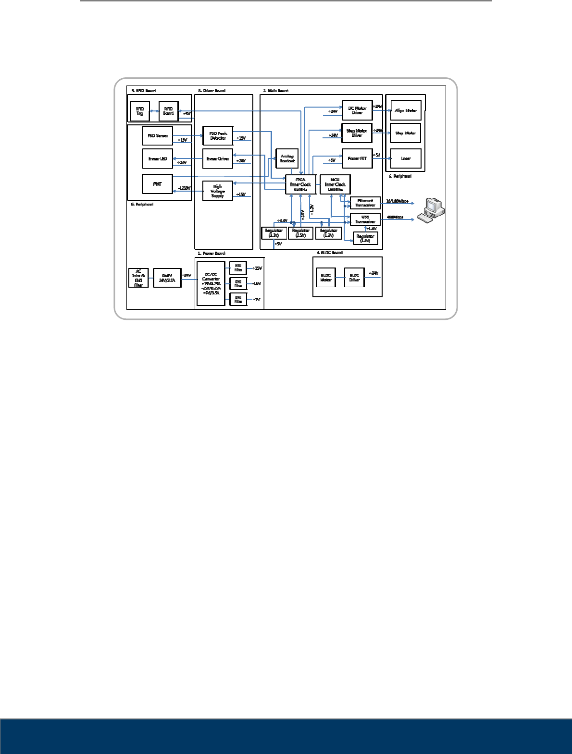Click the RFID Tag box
(140, 111)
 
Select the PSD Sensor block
(158, 136)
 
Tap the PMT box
(158, 184)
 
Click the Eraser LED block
(158, 159)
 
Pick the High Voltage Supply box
(218, 191)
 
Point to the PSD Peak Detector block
(218, 136)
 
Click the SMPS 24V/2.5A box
(167, 278)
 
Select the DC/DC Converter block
(211, 284)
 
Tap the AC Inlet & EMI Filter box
(138, 278)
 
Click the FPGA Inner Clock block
(300, 184)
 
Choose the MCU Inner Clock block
(335, 184)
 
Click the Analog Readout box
(287, 158)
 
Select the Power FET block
(357, 158)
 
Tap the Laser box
(406, 158)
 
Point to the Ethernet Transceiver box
(365, 203)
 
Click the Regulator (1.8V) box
(365, 238)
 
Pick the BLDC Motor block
(326, 278)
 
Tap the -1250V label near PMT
(185, 188)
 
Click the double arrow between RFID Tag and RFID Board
(154, 111)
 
